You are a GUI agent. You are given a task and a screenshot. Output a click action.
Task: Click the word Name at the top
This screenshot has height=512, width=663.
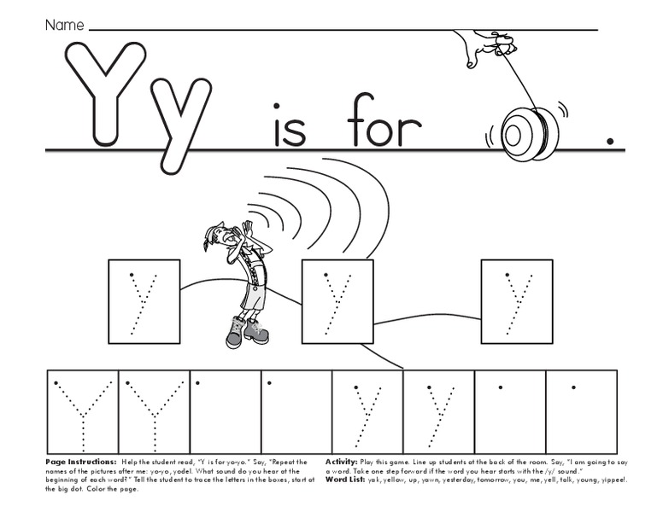point(64,26)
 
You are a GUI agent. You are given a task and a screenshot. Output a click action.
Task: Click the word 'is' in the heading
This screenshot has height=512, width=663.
point(289,126)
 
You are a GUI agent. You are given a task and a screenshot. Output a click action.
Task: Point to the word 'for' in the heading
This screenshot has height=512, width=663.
point(384,126)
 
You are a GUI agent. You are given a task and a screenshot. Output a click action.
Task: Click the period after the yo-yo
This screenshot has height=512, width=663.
point(609,142)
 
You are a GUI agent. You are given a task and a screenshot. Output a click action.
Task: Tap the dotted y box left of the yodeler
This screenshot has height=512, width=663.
point(144,301)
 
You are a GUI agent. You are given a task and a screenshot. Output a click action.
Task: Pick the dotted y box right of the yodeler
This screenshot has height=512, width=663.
point(337,301)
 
